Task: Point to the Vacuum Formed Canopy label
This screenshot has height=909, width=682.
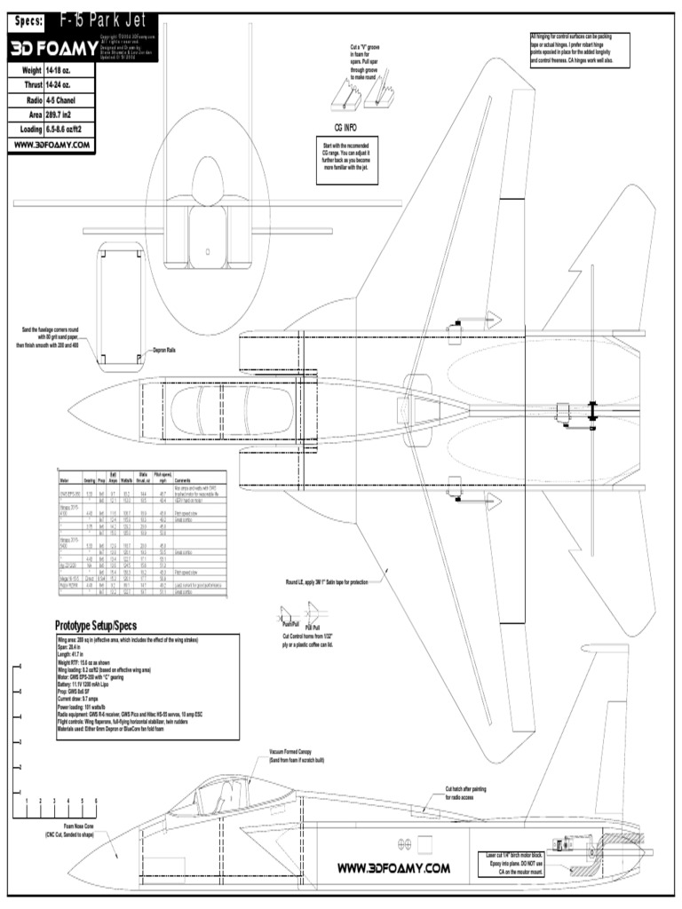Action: [297, 752]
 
